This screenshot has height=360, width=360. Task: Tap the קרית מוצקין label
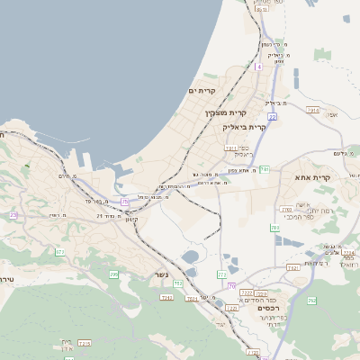225,112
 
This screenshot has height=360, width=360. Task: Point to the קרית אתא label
312,177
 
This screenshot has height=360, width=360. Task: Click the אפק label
334,114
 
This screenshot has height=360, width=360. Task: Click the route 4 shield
258,67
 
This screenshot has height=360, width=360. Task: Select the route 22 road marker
271,116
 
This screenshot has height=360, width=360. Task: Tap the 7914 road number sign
312,110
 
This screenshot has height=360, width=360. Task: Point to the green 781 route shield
264,169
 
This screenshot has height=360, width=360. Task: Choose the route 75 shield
124,202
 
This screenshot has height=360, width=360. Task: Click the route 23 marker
13,215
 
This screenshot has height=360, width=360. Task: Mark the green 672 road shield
59,253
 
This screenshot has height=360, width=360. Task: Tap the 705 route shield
113,274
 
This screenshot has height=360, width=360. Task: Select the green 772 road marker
221,274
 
